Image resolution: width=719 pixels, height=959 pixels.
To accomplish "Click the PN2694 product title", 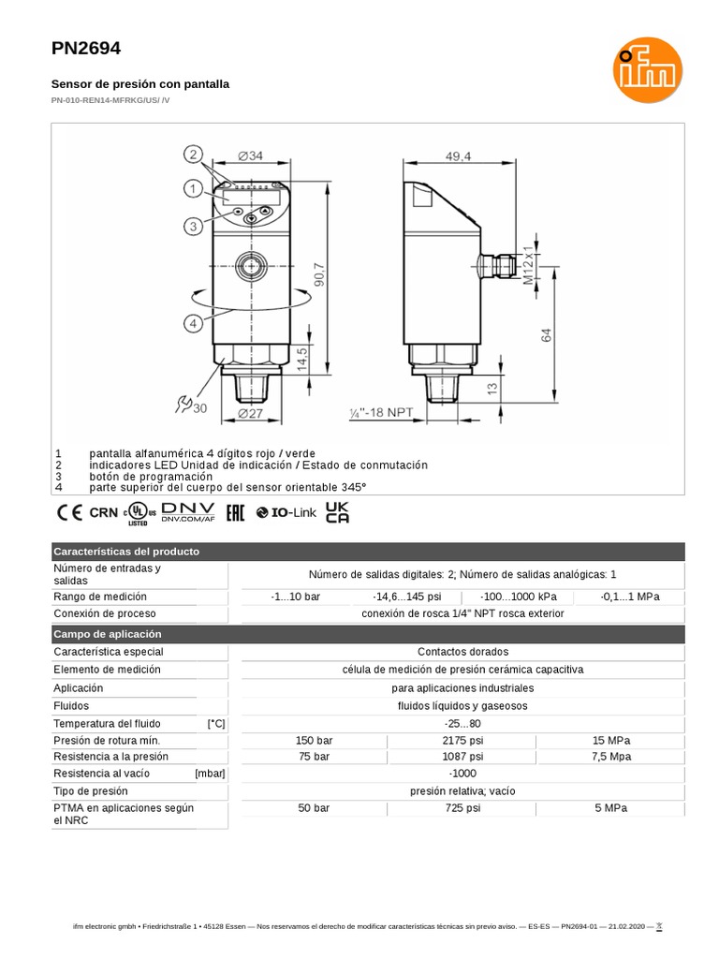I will pos(86,49).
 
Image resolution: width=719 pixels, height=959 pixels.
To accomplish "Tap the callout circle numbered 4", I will pos(193,323).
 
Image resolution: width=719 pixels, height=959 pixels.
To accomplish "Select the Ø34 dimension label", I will pos(250,155).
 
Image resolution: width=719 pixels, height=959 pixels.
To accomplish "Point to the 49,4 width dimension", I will pos(458,157).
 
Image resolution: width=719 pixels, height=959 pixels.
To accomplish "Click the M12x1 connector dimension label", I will pos(528,265).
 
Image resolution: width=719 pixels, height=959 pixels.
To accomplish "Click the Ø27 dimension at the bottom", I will pos(250,414).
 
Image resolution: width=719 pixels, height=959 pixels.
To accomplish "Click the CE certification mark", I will pos(69,512).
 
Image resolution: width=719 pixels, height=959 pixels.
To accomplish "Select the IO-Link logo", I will pos(286,512).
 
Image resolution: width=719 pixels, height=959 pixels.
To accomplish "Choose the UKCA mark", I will pos(337,512).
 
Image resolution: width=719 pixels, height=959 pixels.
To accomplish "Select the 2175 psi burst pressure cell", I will pos(462,739).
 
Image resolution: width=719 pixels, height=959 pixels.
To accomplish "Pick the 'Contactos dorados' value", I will pos(462,651).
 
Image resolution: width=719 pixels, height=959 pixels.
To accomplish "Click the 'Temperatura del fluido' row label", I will pos(107,723).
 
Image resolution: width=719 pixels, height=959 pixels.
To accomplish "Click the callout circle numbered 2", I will pos(193,155).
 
